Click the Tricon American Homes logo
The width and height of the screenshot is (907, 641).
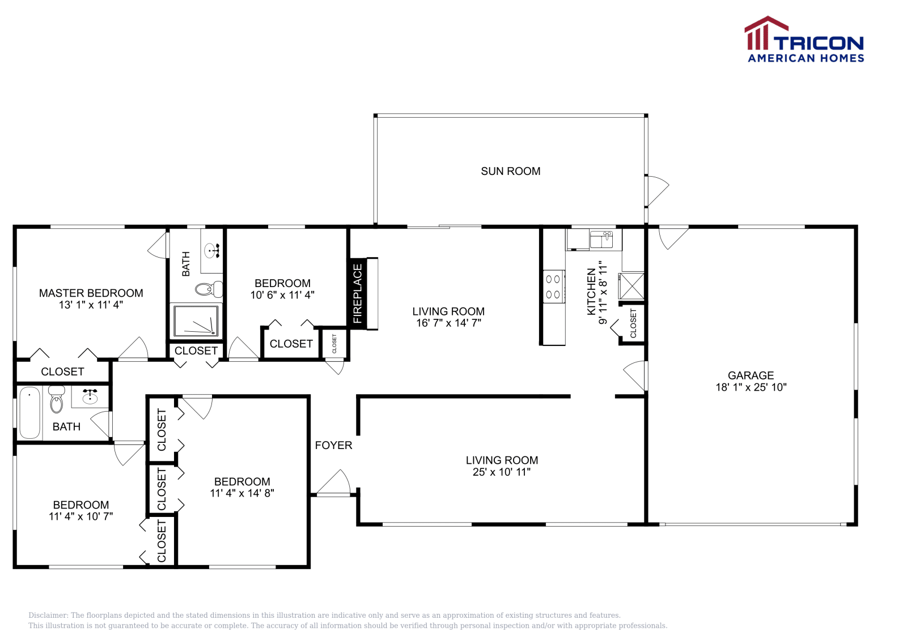tap(804, 39)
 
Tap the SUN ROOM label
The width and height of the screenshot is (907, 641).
tap(511, 172)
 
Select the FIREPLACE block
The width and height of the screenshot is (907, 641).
tap(358, 294)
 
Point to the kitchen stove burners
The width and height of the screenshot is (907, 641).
tap(553, 287)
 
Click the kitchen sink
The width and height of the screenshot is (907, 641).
tap(601, 240)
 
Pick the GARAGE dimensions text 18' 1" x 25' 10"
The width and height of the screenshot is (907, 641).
tap(751, 387)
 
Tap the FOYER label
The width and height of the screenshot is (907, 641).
tap(334, 445)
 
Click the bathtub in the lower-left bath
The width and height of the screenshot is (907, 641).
tap(30, 413)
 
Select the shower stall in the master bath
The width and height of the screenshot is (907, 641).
tap(196, 321)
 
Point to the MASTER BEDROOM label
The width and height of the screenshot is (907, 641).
tap(91, 293)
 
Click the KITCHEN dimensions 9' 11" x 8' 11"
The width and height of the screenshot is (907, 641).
tap(603, 292)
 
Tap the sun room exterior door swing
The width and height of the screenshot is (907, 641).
tap(657, 191)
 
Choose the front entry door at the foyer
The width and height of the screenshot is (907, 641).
tap(333, 483)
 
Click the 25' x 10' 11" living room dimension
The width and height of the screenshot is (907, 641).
tap(502, 472)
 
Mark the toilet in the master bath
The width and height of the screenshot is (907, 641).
tap(209, 289)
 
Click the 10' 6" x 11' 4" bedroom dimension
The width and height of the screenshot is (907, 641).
tap(282, 295)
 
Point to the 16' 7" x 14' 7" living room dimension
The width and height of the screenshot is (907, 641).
tap(448, 323)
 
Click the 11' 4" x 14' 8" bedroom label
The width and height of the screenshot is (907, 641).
tap(242, 493)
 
